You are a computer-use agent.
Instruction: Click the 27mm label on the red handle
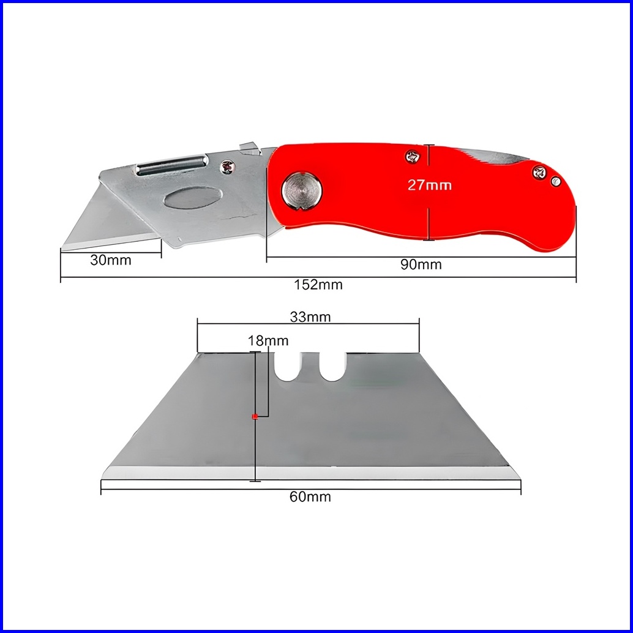pos(429,185)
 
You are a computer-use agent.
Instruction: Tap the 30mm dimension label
pos(111,260)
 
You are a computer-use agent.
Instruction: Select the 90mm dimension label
pos(421,264)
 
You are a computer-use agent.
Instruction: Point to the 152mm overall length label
pos(318,285)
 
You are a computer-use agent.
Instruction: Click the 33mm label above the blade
pos(310,317)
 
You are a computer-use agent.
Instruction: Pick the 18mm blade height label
pos(268,341)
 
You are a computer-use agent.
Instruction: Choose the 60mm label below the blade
pos(310,496)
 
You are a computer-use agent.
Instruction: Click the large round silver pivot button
pos(302,190)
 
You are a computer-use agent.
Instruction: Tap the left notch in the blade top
pos(287,367)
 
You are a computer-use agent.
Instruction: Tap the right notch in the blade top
pos(332,367)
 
